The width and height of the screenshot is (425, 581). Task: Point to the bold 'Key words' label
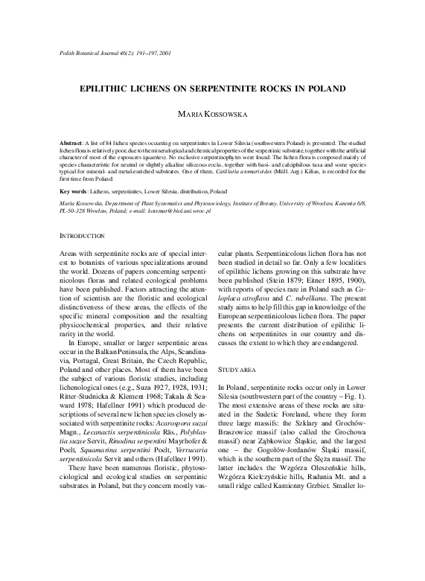pos(74,192)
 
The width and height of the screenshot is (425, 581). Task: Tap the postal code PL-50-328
pos(74,211)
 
